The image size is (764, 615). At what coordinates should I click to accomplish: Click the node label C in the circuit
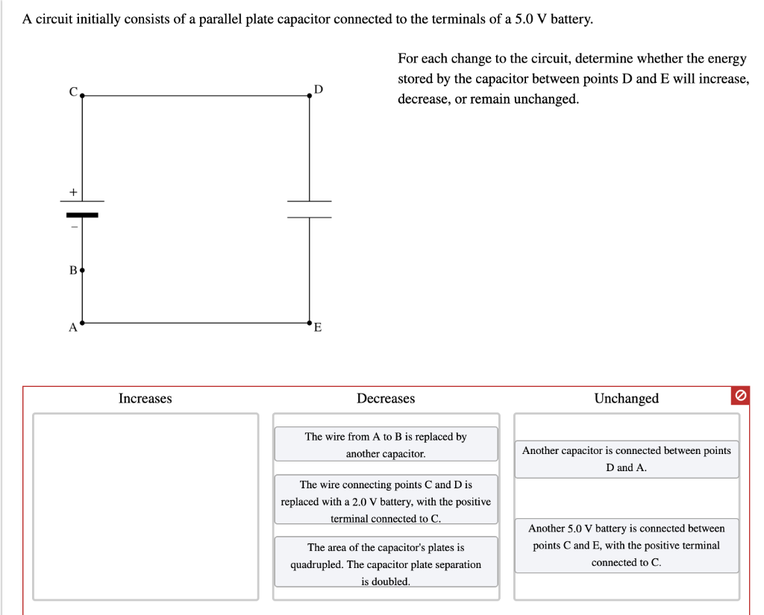click(73, 92)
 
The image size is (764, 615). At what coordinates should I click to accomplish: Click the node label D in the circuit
click(319, 89)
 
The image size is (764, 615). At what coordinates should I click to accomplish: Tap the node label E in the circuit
click(318, 328)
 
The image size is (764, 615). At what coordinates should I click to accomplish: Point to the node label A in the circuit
click(72, 327)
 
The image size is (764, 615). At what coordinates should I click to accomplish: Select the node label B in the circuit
click(72, 270)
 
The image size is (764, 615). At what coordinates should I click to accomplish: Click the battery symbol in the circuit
click(82, 208)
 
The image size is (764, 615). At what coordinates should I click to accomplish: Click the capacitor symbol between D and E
click(310, 209)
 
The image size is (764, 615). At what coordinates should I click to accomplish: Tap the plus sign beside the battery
click(73, 192)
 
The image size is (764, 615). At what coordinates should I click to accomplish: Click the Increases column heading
click(145, 399)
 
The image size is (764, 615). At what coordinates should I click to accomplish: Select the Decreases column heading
click(386, 399)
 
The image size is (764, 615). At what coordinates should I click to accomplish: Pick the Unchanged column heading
click(626, 399)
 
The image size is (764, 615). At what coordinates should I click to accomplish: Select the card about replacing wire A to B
click(386, 445)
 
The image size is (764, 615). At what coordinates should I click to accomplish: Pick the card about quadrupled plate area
click(386, 564)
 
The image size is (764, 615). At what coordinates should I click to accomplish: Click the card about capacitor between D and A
click(626, 459)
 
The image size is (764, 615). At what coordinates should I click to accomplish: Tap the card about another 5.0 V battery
click(626, 546)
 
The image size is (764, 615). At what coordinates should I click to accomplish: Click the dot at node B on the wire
click(82, 269)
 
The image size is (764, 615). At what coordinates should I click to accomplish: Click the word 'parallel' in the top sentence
click(222, 19)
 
